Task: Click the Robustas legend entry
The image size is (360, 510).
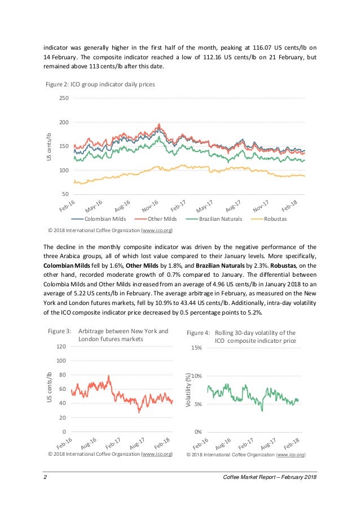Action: click(x=277, y=219)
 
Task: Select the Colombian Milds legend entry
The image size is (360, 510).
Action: click(x=102, y=219)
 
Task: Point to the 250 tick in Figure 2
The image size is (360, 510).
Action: click(x=64, y=99)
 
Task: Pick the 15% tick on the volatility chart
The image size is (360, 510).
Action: click(x=196, y=348)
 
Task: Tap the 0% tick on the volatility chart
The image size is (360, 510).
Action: click(x=197, y=432)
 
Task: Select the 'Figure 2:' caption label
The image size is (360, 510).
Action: click(x=58, y=84)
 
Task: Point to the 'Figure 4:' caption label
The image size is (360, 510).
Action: click(x=199, y=333)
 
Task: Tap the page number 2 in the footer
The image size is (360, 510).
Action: click(x=45, y=478)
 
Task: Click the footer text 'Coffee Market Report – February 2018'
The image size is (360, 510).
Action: click(x=270, y=478)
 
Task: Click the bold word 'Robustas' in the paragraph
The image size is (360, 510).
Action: click(x=283, y=265)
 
